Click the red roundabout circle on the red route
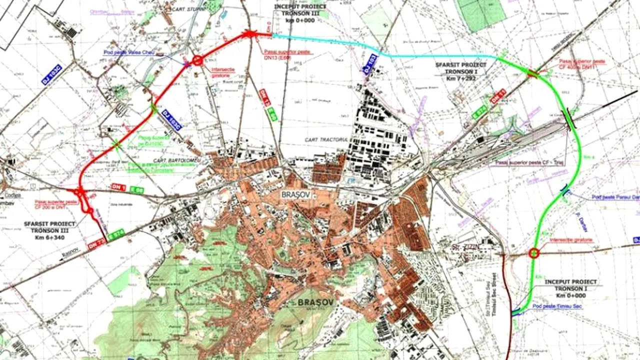click(x=197, y=60)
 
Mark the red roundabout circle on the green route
click(x=534, y=253)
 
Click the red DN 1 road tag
click(x=118, y=187)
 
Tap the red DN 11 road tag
click(x=498, y=96)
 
